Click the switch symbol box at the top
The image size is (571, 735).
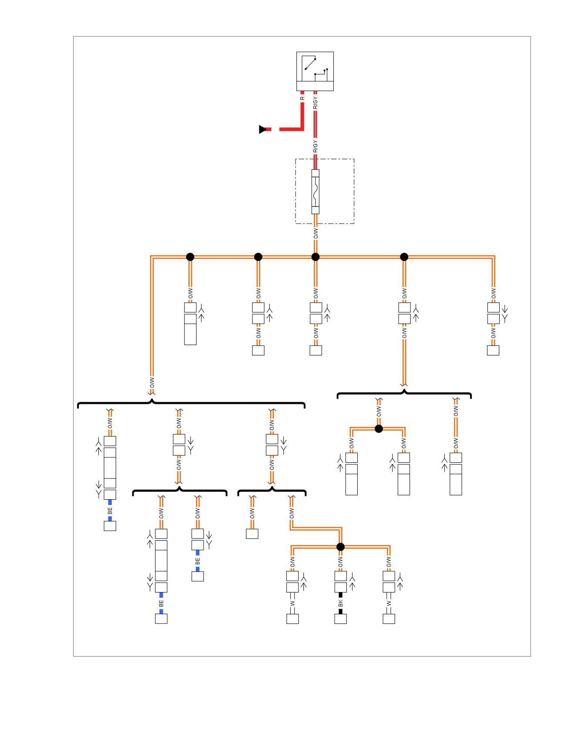coord(315,71)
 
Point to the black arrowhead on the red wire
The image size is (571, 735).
coord(263,129)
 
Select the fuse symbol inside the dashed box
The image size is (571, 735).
coord(316,192)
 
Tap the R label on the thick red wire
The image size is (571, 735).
coord(302,98)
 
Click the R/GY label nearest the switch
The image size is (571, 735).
coord(316,103)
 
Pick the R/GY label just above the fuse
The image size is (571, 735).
coord(316,146)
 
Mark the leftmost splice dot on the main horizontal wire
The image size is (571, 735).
coord(190,257)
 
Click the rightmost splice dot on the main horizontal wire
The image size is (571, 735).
coord(404,257)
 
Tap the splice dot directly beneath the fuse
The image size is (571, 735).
coord(316,257)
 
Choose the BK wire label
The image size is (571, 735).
coord(341,603)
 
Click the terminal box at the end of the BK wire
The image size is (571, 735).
coord(341,619)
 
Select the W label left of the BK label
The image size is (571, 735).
coord(292,603)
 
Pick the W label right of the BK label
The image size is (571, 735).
coord(389,603)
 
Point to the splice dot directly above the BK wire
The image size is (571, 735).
coord(341,547)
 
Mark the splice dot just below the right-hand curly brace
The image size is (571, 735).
coord(379,429)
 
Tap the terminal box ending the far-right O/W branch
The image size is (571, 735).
coord(493,350)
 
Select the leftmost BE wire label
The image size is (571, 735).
coord(110,510)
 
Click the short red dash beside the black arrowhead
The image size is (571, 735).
coord(269,129)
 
